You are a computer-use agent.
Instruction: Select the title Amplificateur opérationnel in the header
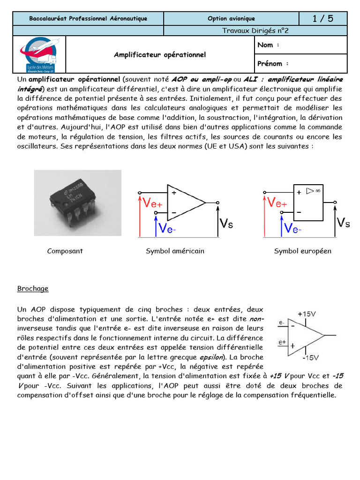(x=160, y=55)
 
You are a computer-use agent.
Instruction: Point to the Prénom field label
(x=273, y=64)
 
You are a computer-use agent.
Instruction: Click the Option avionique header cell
(x=231, y=19)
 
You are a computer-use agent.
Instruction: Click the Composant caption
(x=65, y=251)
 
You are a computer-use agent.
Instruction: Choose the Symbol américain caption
(x=175, y=251)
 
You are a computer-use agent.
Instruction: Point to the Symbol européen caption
(x=302, y=251)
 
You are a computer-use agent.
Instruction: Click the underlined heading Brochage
(x=33, y=289)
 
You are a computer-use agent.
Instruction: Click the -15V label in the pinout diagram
(x=310, y=358)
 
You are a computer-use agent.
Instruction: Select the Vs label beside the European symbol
(x=344, y=223)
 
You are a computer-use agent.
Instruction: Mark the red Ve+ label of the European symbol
(x=277, y=203)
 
